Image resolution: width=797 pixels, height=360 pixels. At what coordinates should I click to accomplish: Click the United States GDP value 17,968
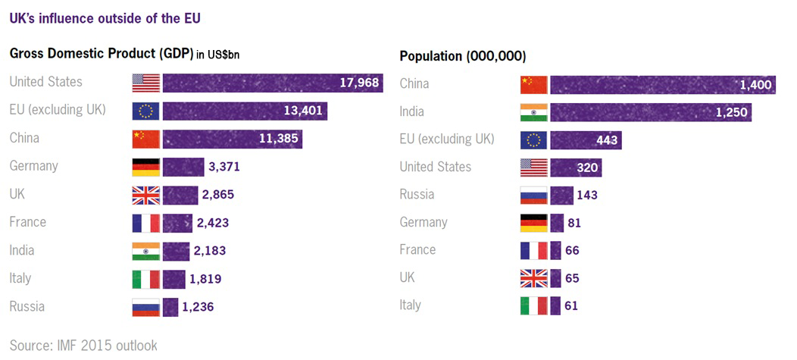[x=358, y=83]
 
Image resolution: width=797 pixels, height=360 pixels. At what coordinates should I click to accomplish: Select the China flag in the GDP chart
[x=145, y=139]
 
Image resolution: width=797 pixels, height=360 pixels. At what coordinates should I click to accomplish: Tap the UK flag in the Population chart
[x=533, y=278]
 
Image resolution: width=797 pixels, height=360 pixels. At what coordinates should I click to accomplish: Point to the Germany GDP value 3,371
[x=224, y=167]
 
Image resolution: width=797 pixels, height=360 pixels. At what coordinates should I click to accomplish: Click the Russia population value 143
[x=586, y=195]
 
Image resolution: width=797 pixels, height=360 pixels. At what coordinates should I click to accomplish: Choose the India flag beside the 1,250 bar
[x=533, y=112]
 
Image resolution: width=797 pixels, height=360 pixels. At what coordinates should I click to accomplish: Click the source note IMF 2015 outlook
[x=83, y=346]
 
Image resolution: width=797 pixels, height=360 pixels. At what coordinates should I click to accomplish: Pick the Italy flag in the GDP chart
[x=145, y=279]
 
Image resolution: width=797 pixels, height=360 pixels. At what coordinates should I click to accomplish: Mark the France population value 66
[x=572, y=251]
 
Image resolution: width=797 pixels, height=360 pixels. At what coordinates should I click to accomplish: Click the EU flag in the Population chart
[x=533, y=140]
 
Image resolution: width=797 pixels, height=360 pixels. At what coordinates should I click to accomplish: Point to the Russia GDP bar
[x=170, y=307]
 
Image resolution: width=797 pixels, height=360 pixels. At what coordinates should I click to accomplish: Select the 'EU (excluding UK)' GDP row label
[x=58, y=110]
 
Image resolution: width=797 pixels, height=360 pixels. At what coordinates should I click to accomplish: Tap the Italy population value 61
[x=571, y=306]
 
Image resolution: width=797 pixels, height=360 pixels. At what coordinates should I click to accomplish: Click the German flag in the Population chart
[x=533, y=223]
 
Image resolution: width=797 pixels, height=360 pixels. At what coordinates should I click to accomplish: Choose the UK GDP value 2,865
[x=218, y=195]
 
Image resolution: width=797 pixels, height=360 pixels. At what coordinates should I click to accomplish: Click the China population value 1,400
[x=755, y=85]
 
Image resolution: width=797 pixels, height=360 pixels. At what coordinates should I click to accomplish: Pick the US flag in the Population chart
[x=533, y=167]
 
